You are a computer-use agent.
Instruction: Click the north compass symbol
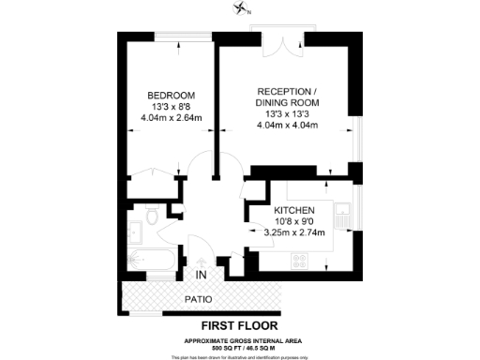pyautogui.click(x=243, y=9)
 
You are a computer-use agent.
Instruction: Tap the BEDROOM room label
pyautogui.click(x=171, y=95)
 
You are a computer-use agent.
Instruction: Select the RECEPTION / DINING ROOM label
pyautogui.click(x=289, y=97)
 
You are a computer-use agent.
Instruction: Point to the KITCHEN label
pyautogui.click(x=293, y=210)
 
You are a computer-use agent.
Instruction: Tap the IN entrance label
pyautogui.click(x=201, y=275)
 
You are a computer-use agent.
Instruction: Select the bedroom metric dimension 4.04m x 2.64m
pyautogui.click(x=171, y=119)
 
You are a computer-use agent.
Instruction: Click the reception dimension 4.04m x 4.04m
pyautogui.click(x=289, y=127)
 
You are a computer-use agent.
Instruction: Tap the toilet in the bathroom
pyautogui.click(x=149, y=222)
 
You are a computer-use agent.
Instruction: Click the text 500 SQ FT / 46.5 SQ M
pyautogui.click(x=241, y=347)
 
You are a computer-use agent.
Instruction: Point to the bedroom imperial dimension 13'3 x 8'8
pyautogui.click(x=171, y=107)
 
